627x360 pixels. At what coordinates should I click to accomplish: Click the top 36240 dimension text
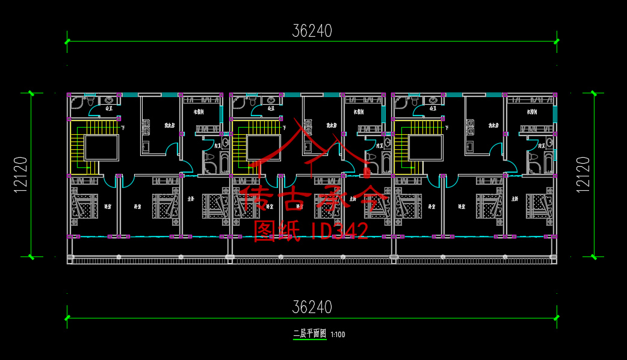(x=312, y=30)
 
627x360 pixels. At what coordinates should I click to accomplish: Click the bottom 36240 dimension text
(x=312, y=307)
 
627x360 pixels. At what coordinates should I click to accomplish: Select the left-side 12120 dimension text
(x=20, y=175)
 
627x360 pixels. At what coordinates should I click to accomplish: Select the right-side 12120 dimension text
(x=582, y=175)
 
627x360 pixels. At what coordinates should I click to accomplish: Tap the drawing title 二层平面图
(x=309, y=334)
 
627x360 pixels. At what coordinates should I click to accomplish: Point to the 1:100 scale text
(x=338, y=334)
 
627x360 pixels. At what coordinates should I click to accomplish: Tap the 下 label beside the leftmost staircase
(x=122, y=128)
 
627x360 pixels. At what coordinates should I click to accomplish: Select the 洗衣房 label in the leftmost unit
(x=170, y=126)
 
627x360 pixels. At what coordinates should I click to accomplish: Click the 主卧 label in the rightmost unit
(x=514, y=199)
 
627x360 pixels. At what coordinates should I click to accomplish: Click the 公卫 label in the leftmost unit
(x=109, y=109)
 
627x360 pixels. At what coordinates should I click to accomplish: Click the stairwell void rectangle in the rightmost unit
(x=425, y=147)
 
